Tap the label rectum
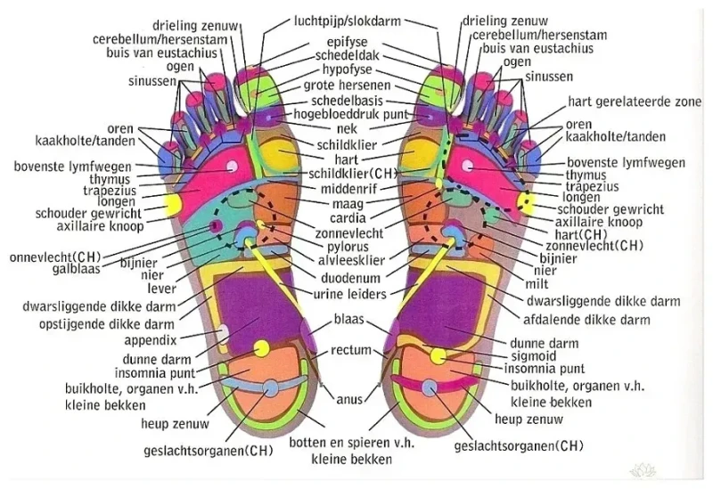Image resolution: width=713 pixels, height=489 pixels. click(350, 351)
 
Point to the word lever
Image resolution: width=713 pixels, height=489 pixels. click(161, 289)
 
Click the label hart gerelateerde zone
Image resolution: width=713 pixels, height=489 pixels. click(635, 102)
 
